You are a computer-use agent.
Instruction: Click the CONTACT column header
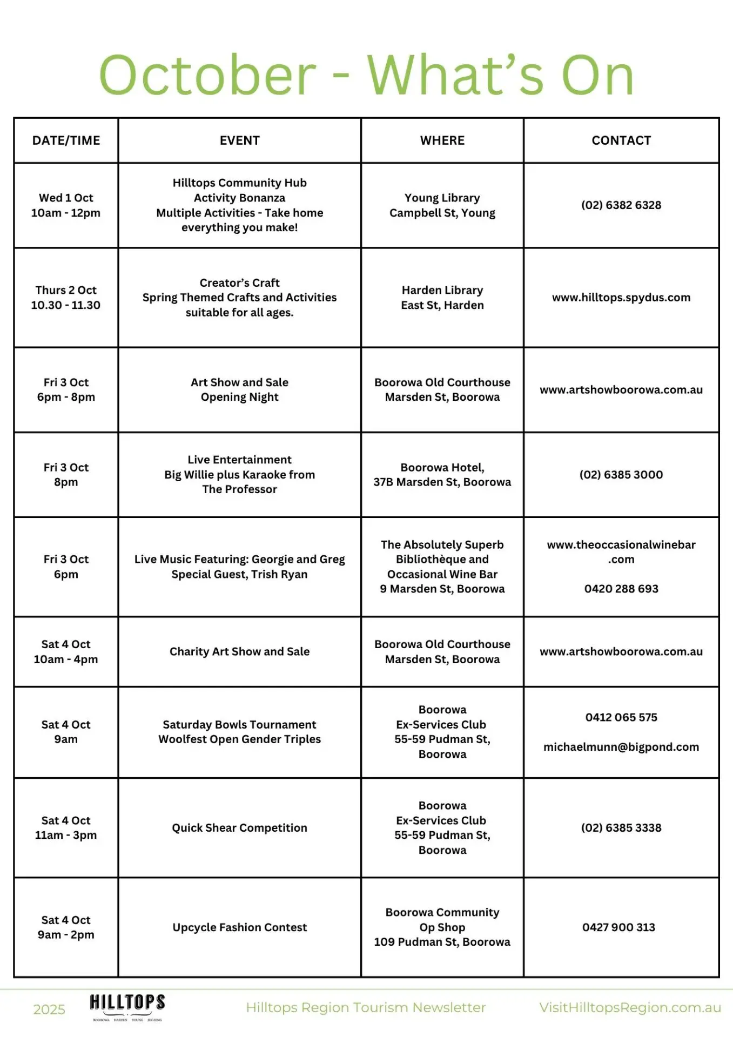[621, 140]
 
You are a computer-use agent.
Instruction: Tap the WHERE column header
[442, 140]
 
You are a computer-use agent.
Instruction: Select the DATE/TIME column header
[66, 140]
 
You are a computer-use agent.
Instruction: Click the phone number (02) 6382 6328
[621, 205]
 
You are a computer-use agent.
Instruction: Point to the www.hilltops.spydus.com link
[621, 298]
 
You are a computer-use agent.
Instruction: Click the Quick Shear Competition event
[239, 828]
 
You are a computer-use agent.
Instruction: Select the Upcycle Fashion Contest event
[239, 927]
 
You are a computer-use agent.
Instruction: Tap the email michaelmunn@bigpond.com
[621, 747]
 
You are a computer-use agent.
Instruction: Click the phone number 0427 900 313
[618, 927]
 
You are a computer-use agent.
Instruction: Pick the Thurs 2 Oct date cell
[66, 298]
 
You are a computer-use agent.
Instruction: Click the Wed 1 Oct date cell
[66, 205]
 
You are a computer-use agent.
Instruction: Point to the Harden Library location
[442, 298]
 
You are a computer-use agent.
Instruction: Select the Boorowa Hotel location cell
[442, 475]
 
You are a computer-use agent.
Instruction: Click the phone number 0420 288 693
[621, 589]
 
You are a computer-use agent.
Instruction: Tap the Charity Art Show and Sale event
[239, 652]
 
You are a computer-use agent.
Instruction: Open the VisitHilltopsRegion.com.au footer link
[630, 1008]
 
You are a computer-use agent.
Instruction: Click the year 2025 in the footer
[49, 1009]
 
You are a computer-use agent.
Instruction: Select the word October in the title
[207, 76]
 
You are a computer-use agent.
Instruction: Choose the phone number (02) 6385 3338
[621, 828]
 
